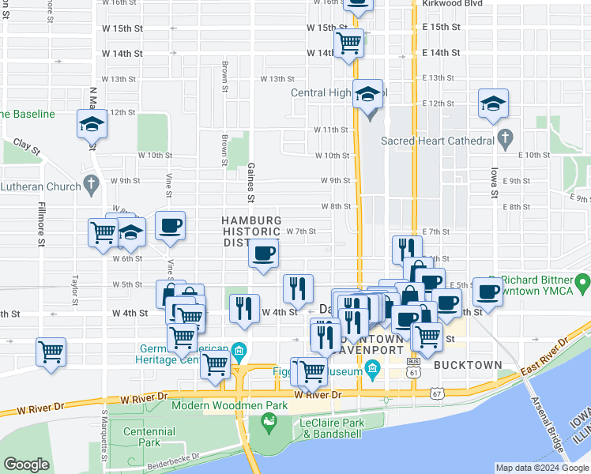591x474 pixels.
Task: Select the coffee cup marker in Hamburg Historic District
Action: click(263, 253)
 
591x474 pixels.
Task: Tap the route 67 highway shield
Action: click(437, 393)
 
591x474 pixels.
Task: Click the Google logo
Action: click(26, 465)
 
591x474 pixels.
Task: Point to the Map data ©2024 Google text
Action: click(541, 468)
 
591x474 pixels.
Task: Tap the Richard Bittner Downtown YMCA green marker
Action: click(582, 282)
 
